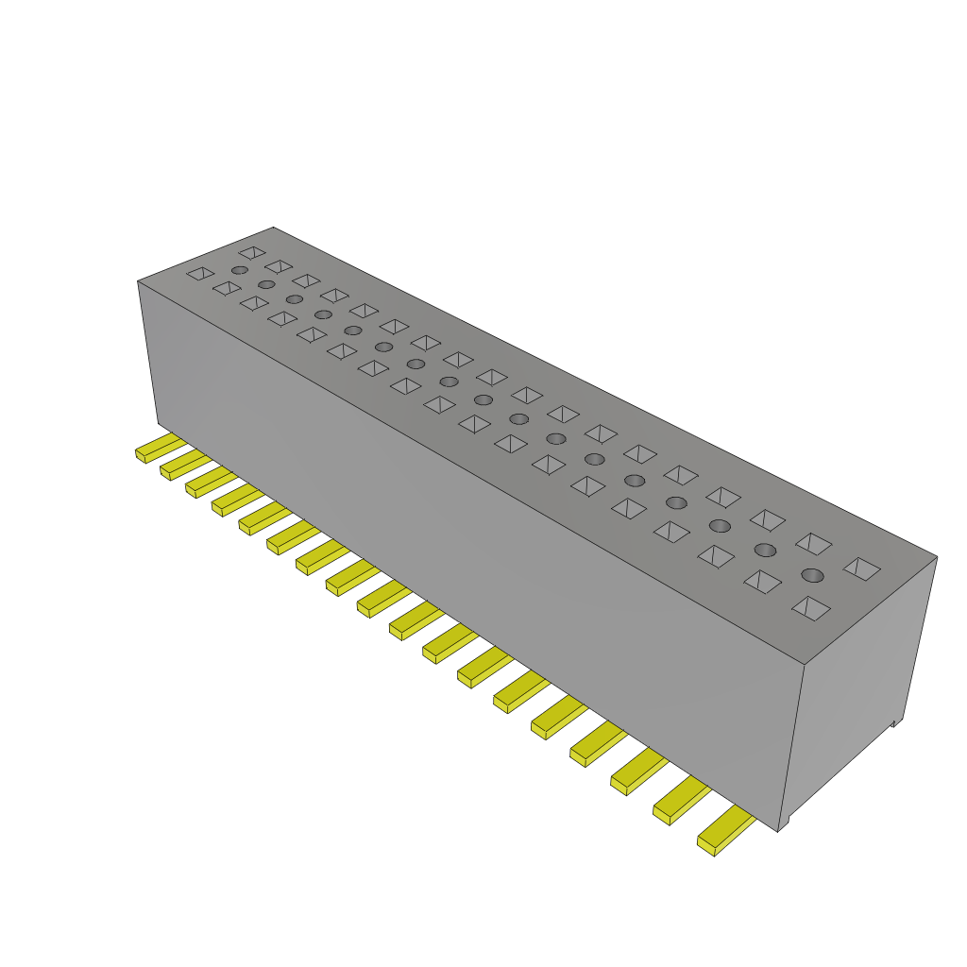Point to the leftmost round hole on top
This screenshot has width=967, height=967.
240,270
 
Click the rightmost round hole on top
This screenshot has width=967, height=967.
812,575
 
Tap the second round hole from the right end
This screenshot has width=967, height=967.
765,550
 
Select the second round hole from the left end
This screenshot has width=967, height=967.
266,284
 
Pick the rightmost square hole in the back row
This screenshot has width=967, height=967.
861,568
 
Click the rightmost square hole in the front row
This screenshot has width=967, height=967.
810,608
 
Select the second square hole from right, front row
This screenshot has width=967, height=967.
762,582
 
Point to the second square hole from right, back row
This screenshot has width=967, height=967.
813,543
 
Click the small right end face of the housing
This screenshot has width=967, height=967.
855,689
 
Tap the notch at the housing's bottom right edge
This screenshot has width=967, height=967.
893,724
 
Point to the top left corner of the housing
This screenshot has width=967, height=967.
139,281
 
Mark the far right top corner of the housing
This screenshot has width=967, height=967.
936,556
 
